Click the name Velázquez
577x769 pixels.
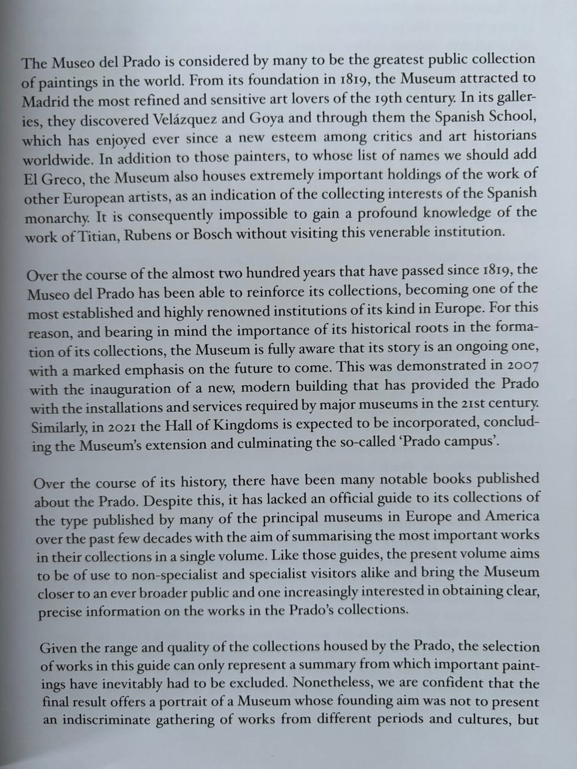pyautogui.click(x=186, y=118)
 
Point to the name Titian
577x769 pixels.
pyautogui.click(x=94, y=235)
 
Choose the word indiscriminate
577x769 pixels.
pyautogui.click(x=117, y=721)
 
